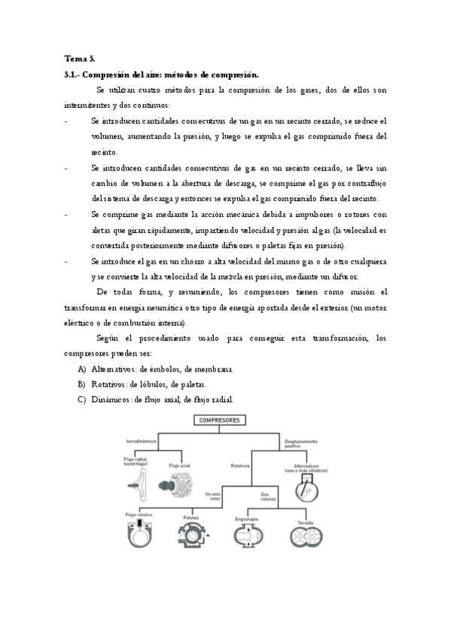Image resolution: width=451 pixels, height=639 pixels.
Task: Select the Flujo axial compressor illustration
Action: [180, 483]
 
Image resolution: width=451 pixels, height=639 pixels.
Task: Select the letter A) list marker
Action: [81, 369]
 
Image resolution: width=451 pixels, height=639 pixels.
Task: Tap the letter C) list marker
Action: [81, 399]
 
